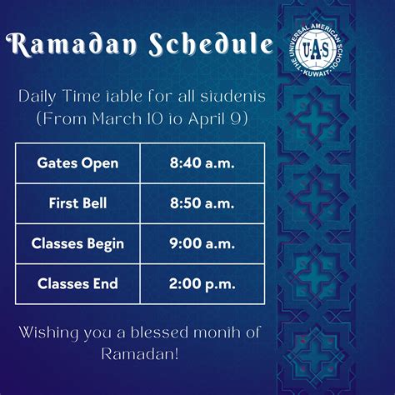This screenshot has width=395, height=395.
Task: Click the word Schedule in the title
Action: (x=217, y=47)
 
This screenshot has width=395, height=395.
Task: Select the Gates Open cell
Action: (x=77, y=162)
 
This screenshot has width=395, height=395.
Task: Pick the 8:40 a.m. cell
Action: (x=202, y=162)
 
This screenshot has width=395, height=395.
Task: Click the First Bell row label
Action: (x=77, y=202)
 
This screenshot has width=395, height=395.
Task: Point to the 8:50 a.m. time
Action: (x=202, y=202)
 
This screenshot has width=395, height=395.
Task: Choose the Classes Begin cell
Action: (x=77, y=243)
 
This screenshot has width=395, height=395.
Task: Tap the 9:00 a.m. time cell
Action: (x=202, y=243)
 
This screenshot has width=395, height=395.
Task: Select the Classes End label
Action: (x=77, y=283)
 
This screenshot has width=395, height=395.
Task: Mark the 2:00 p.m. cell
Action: (x=202, y=283)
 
